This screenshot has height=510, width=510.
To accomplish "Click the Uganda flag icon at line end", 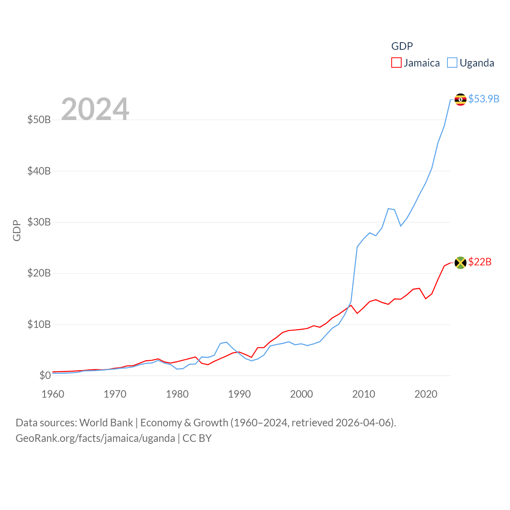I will (x=461, y=99).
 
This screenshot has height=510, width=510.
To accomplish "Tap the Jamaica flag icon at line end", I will (x=461, y=263).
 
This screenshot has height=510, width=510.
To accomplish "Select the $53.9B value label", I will (x=484, y=99).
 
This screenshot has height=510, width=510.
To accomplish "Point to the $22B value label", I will (x=480, y=262).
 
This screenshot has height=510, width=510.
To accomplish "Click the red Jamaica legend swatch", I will (x=396, y=63).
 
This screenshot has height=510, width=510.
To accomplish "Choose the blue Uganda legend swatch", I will (x=452, y=63).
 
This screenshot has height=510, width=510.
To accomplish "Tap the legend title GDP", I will (x=402, y=46).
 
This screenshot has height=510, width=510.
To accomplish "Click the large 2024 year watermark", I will (x=95, y=109).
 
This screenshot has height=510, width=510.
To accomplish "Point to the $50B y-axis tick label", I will (x=39, y=120).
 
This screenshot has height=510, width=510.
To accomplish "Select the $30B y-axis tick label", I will (x=39, y=222).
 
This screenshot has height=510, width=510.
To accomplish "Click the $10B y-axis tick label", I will (x=39, y=324).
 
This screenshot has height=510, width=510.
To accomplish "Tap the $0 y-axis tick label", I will (x=45, y=375).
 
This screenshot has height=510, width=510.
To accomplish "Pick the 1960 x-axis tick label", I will (x=53, y=394).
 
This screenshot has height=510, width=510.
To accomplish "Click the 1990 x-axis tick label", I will (x=239, y=394).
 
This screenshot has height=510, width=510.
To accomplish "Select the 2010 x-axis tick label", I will (x=364, y=394).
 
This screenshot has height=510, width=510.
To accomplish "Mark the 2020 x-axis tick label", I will (x=426, y=394).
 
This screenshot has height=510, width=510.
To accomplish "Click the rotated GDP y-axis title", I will (x=17, y=230).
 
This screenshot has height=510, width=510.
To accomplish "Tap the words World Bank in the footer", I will (x=106, y=423).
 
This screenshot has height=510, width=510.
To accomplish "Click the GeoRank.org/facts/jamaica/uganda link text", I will (x=95, y=438).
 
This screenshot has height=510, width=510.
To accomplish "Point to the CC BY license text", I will (x=197, y=438).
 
